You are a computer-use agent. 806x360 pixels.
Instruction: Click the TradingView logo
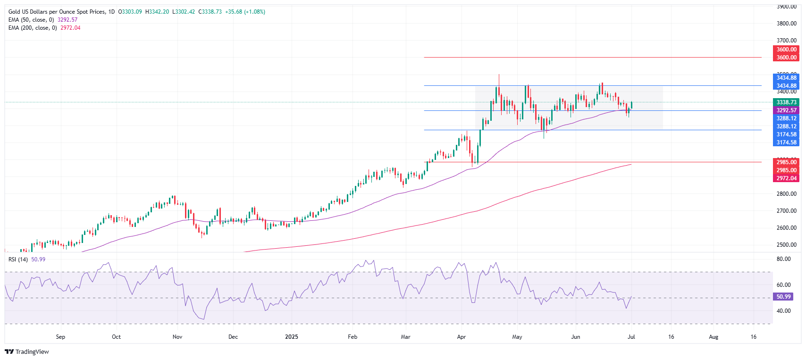(x=27, y=352)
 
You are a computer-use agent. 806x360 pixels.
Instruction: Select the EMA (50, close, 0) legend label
(x=31, y=20)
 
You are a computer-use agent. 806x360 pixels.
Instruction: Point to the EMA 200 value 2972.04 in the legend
(x=70, y=28)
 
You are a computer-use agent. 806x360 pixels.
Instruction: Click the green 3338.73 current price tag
(x=786, y=102)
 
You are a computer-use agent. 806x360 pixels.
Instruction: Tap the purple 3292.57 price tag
(x=786, y=110)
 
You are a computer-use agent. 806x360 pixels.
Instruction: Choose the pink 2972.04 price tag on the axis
(x=786, y=178)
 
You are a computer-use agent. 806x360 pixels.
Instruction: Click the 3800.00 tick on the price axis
(x=786, y=24)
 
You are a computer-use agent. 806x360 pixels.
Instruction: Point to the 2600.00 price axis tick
(x=786, y=228)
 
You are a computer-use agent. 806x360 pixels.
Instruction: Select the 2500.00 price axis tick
(x=786, y=245)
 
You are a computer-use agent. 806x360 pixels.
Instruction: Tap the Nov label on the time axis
(x=177, y=337)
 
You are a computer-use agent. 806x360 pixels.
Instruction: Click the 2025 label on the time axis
(x=292, y=337)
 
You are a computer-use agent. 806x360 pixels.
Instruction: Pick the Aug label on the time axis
(x=714, y=337)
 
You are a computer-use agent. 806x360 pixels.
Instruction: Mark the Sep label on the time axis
(x=60, y=337)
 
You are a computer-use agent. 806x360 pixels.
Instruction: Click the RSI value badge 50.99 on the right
(x=783, y=297)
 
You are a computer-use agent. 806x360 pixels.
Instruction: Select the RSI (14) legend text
(x=18, y=260)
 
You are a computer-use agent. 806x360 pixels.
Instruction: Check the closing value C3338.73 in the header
(x=210, y=12)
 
